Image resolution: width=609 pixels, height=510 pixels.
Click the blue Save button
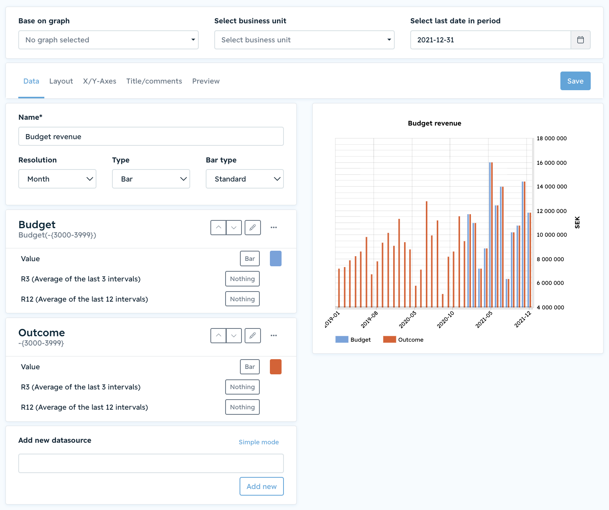[575, 81]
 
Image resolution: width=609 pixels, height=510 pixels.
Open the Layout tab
[61, 81]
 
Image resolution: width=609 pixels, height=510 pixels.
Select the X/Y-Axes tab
[100, 81]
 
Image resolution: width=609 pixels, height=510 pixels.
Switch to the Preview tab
[206, 81]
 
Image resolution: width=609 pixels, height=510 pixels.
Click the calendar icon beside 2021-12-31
[580, 40]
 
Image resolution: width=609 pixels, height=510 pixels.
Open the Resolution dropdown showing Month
[57, 179]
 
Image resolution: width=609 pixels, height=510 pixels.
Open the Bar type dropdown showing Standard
[245, 179]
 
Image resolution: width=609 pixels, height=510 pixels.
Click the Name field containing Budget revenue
[151, 136]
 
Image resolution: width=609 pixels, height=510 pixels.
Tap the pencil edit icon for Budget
[253, 227]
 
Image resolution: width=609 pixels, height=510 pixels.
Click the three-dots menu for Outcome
[274, 335]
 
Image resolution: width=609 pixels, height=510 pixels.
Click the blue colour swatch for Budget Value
[276, 258]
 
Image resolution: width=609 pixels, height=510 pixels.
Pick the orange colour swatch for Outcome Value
[276, 367]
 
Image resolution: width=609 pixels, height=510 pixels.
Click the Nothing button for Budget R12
[242, 299]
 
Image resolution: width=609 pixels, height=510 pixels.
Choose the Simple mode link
[259, 442]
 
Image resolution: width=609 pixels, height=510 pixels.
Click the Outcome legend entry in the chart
[403, 339]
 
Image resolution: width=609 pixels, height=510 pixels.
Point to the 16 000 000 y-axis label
[551, 163]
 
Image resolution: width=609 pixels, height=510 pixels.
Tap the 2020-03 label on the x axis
[408, 320]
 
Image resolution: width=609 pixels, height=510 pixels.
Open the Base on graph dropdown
[108, 40]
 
